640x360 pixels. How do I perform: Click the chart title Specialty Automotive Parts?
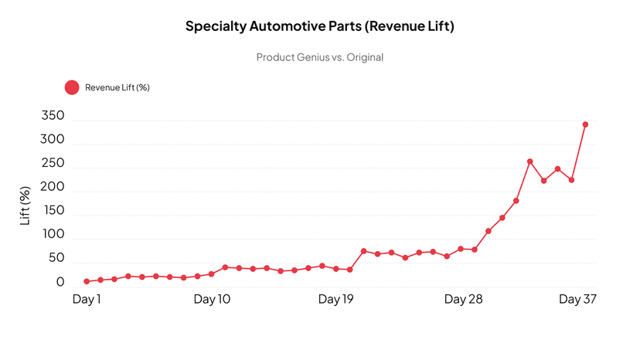319,26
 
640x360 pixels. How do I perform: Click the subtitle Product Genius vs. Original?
319,57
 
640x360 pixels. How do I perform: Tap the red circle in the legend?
72,87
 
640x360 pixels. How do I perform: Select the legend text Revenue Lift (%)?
117,87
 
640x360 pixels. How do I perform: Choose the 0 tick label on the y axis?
60,283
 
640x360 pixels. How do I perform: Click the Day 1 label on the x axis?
87,299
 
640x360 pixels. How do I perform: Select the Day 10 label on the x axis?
211,299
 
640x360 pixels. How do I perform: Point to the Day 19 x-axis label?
336,299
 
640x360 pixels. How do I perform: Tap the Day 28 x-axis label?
461,299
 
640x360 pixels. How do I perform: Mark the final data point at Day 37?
585,124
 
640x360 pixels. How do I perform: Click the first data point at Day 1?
87,281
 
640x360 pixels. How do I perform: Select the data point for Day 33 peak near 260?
529,161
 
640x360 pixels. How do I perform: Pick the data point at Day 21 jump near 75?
363,251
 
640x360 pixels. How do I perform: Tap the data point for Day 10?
211,273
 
